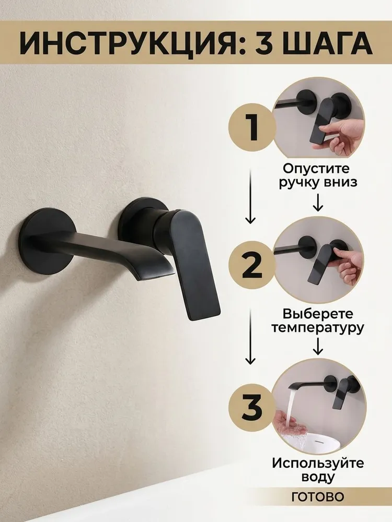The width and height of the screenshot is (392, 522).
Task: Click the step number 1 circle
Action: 252,127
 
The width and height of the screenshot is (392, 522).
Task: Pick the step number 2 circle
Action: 252,265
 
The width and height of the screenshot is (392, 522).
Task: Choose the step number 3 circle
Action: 252,407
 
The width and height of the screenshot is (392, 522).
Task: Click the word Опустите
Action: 316,168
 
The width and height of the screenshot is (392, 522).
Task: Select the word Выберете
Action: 317,314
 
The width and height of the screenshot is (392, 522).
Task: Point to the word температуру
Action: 317,328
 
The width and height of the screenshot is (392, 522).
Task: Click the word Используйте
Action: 317,463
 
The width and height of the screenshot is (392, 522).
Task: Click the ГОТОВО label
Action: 317,497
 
